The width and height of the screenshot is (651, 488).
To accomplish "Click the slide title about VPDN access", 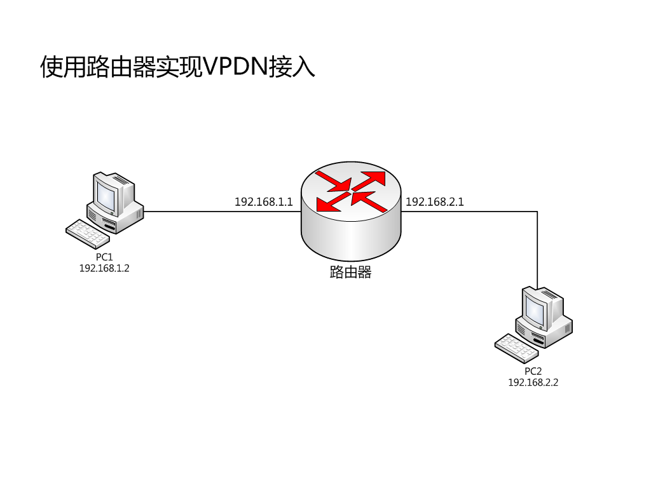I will tap(177, 67).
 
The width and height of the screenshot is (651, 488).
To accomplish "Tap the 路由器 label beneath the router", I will tap(350, 273).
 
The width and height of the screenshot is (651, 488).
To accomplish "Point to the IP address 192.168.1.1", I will tap(263, 202).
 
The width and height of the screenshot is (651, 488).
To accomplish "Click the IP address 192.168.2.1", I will tap(435, 202).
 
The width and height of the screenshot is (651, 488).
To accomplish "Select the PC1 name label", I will tap(104, 257).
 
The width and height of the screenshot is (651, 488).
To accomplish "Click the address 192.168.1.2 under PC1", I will tap(104, 268).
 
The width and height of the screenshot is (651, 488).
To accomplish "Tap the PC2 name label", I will tap(533, 371).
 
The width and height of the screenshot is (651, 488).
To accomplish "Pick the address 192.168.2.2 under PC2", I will tap(533, 383).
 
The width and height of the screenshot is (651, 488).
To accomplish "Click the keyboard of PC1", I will tap(88, 234).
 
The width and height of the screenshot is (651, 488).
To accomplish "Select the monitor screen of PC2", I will tap(535, 309).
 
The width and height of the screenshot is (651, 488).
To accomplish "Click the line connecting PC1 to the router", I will tap(223, 212).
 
